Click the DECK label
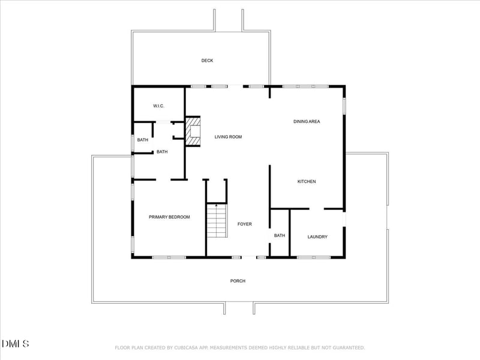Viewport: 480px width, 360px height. pyautogui.click(x=207, y=61)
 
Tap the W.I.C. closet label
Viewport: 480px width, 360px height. pyautogui.click(x=158, y=106)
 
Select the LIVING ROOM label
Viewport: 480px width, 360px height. pyautogui.click(x=228, y=137)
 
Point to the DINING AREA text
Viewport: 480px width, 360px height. pyautogui.click(x=307, y=122)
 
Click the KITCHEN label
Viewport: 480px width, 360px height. pyautogui.click(x=307, y=182)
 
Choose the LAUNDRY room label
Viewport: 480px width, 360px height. pyautogui.click(x=317, y=236)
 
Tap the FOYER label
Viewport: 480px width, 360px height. pyautogui.click(x=245, y=224)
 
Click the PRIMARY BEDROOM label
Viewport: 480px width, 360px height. pyautogui.click(x=169, y=217)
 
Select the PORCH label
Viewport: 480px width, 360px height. pyautogui.click(x=238, y=281)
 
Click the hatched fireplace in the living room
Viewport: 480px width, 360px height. pyautogui.click(x=193, y=131)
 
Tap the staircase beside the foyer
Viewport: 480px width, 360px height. pyautogui.click(x=217, y=221)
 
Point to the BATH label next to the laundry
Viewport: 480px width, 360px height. pyautogui.click(x=280, y=235)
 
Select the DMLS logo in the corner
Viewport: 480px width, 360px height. pyautogui.click(x=16, y=344)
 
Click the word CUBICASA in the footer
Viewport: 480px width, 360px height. pyautogui.click(x=186, y=348)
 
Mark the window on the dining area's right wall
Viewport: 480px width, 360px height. pyautogui.click(x=344, y=106)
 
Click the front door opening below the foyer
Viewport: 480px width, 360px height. pyautogui.click(x=249, y=257)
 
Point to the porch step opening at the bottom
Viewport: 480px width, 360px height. pyautogui.click(x=239, y=308)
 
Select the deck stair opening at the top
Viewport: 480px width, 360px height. pyautogui.click(x=229, y=20)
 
